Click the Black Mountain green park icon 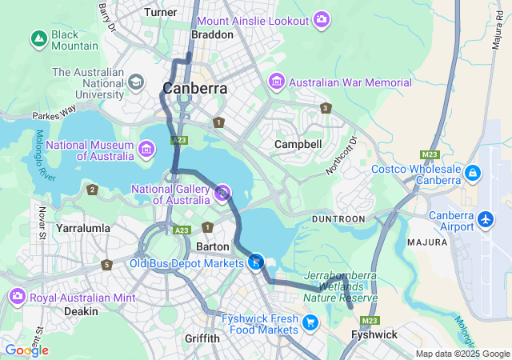[38, 38]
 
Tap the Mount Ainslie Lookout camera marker [322, 19]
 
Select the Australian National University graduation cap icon [136, 82]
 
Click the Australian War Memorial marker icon [277, 82]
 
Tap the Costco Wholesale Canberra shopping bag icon [473, 173]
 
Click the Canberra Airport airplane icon [485, 218]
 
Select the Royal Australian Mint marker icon [17, 298]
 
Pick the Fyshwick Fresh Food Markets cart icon [310, 322]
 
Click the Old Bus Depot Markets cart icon [255, 261]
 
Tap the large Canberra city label [194, 88]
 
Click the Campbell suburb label [298, 144]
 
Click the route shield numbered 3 [325, 108]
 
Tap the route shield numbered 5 [106, 265]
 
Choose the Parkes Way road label [54, 112]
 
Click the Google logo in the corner [26, 350]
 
